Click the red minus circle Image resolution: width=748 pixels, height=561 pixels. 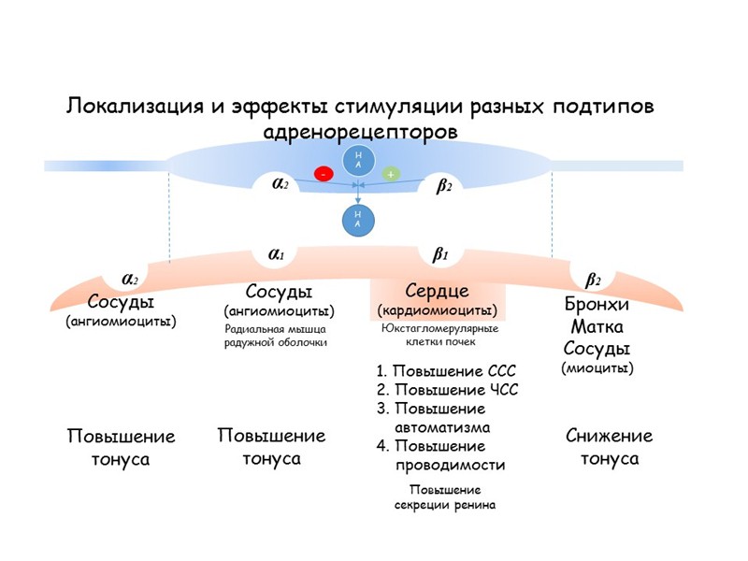(324, 174)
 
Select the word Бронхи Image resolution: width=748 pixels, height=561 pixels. (597, 305)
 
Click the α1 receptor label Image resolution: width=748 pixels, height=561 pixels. (277, 252)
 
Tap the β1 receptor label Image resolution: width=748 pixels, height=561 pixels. (440, 252)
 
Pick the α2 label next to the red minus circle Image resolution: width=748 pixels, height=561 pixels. (280, 184)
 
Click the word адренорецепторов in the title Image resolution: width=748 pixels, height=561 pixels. (362, 132)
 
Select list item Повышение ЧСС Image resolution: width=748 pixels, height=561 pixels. (446, 390)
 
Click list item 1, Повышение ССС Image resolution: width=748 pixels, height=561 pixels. (445, 370)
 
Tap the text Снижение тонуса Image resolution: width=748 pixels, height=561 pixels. (610, 447)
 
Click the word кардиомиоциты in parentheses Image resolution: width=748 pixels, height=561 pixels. (437, 309)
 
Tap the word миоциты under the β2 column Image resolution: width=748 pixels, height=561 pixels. (597, 367)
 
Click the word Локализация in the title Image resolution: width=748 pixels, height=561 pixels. (136, 106)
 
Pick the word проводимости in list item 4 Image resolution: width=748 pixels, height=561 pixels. (451, 465)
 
